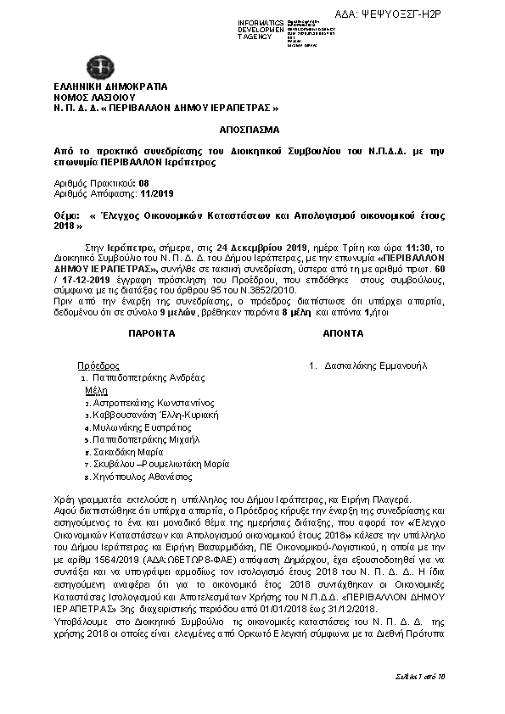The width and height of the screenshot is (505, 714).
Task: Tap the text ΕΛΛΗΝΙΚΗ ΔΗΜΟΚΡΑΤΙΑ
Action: [x=110, y=86]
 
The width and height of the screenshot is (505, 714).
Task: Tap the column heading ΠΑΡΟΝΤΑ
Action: [x=152, y=334]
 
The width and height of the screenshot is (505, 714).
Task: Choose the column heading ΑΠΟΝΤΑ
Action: [x=343, y=334]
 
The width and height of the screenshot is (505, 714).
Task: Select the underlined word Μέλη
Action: [x=95, y=392]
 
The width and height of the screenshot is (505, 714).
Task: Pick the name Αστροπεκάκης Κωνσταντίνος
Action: [x=154, y=404]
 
